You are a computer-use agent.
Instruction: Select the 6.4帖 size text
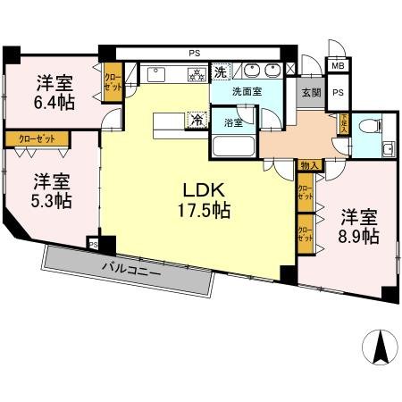[55, 101]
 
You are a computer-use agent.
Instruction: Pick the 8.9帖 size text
[359, 236]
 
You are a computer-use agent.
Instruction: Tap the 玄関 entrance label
[311, 91]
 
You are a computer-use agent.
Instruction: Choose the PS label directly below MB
[338, 92]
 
